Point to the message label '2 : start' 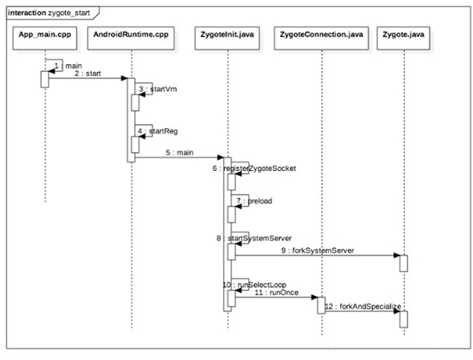click(87, 74)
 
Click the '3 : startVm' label click(152, 89)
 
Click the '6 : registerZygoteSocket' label click(257, 168)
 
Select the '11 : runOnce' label click(271, 292)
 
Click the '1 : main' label click(62, 65)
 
